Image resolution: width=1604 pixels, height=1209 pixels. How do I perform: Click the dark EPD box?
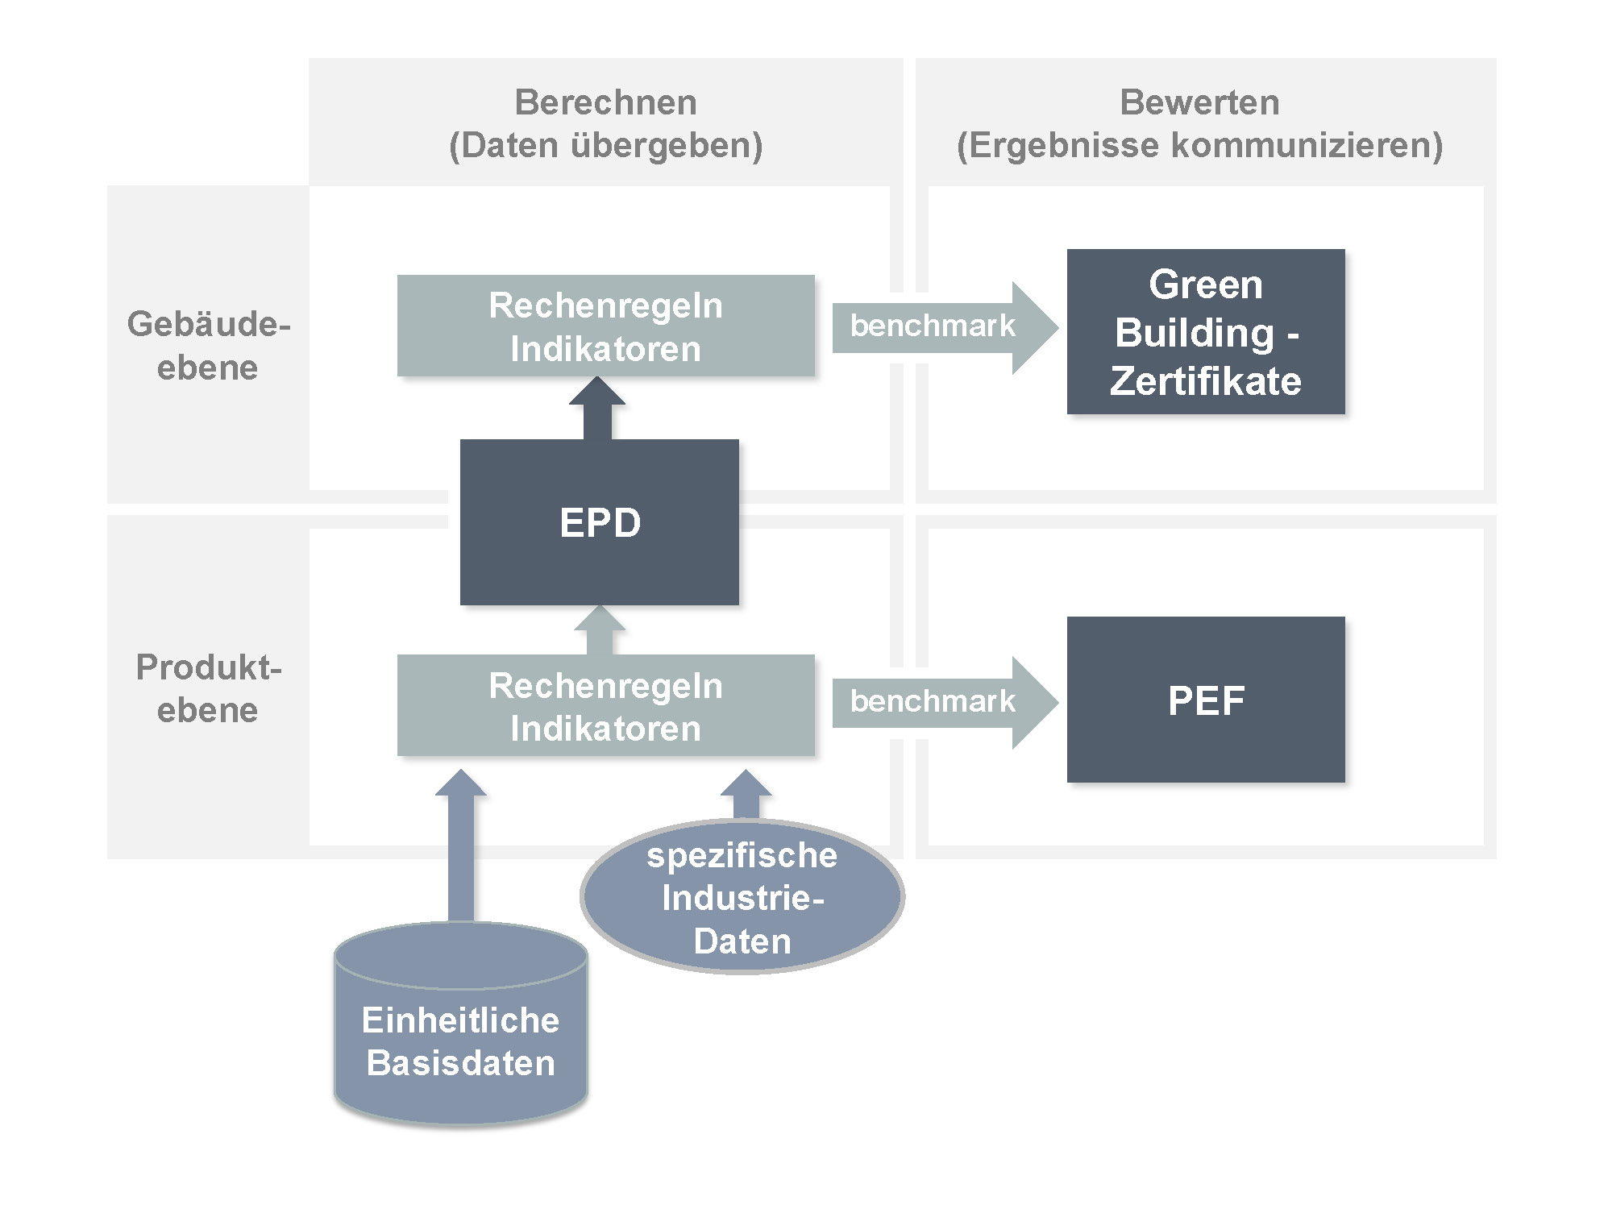pos(599,522)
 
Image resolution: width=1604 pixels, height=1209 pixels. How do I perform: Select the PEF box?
pos(1206,700)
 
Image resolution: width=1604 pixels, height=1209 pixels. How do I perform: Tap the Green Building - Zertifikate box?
pos(1206,331)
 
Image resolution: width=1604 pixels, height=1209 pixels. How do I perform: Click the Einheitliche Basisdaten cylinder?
pos(461,1040)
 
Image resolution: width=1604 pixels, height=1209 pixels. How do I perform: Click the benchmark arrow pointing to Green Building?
pos(943,327)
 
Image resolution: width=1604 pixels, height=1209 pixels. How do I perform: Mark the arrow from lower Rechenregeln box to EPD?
pos(599,631)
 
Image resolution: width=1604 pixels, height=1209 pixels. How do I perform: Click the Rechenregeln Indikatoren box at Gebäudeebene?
pos(605,326)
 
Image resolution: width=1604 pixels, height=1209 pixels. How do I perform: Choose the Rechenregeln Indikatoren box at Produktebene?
pos(605,706)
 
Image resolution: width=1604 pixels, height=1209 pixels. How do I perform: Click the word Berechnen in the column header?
pos(605,102)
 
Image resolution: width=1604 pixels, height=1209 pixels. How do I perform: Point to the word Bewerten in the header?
pos(1199,102)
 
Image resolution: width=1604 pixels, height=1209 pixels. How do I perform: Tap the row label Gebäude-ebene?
pos(208,345)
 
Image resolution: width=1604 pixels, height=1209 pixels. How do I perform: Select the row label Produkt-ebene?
pos(208,688)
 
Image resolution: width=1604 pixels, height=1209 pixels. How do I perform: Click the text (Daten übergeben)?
pos(605,146)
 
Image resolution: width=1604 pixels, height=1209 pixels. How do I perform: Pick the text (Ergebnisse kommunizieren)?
pos(1199,146)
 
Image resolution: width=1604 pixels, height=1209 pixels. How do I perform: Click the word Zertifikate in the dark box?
pos(1206,381)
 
